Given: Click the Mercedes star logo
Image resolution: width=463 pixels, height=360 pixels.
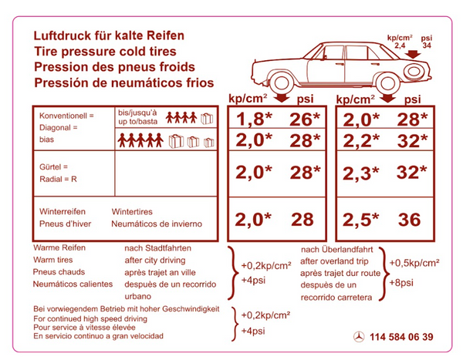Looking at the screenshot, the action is coord(359,337).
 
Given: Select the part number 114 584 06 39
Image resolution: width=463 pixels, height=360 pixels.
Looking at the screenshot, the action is coord(401,337).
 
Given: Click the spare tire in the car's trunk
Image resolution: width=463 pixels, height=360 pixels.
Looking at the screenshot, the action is coord(414,72).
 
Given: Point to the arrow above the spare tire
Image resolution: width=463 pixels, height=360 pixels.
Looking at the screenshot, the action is coord(413,54).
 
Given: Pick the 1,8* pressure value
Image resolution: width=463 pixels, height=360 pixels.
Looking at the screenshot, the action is coord(254,119).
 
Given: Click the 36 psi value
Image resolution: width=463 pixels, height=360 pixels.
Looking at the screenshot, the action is coord(409,220).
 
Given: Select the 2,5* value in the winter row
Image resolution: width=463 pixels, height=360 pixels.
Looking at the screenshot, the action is coord(360,220).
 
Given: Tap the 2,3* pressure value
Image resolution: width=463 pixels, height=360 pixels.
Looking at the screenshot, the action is coord(360,173).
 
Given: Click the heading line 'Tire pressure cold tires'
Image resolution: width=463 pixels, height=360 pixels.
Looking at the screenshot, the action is coord(105,52).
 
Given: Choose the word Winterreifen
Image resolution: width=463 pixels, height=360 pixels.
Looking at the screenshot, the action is coord(63,211).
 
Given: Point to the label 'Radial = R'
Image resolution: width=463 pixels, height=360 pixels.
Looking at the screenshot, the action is coord(58,179).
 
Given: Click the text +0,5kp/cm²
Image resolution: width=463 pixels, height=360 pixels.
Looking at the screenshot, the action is coord(414,263).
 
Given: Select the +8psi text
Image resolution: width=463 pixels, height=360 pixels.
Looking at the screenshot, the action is coord(401,282).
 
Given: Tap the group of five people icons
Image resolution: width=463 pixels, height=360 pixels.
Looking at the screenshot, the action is coord(140,140).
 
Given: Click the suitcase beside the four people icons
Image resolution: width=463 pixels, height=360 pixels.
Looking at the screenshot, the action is coord(207,119).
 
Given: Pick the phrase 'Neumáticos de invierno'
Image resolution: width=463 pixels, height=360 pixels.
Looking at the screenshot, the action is coord(157,224).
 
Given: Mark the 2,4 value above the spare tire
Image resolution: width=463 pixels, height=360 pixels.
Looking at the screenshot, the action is coord(400,45).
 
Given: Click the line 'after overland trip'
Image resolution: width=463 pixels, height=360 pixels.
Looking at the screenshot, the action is coord(334,261).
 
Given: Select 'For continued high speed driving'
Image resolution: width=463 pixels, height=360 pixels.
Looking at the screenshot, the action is coord(90,318).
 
